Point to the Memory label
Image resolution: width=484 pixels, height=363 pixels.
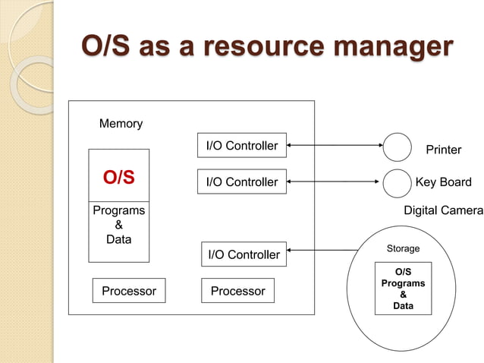point(121,124)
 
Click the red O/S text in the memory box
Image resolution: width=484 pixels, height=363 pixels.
point(119,178)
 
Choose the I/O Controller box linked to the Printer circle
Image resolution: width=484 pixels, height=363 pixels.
point(242,146)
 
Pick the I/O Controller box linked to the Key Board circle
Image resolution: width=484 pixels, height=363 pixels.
point(242,182)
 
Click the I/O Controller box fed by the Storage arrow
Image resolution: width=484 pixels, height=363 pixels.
point(244,254)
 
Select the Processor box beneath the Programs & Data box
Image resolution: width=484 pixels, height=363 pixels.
point(129,291)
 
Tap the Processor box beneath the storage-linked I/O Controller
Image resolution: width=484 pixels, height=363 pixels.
point(237,291)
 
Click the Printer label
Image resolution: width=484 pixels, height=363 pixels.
point(443,150)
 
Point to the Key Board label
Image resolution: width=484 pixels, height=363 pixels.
point(443,182)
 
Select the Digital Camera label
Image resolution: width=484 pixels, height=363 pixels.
point(443,210)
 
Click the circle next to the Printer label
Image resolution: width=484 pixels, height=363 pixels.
point(397,147)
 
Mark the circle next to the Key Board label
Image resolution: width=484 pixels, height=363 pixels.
point(397,183)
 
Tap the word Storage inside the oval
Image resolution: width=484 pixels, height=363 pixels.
point(403,249)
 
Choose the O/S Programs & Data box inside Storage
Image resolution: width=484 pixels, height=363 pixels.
point(403,289)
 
